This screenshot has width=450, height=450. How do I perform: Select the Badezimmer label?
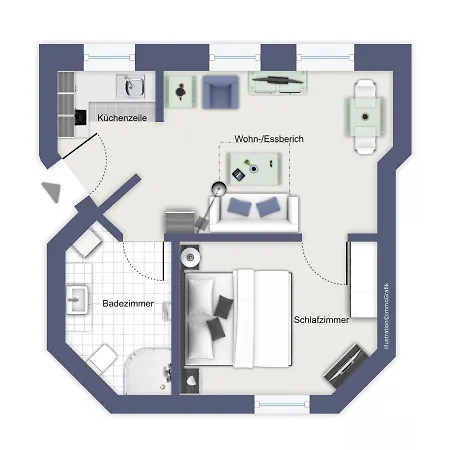[x=128, y=301]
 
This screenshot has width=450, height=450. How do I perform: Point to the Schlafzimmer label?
[x=322, y=320]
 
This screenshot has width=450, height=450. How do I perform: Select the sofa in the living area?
[x=252, y=210]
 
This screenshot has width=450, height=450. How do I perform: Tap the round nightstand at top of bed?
[x=190, y=258]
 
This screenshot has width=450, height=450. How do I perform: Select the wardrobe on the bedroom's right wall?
[x=362, y=275]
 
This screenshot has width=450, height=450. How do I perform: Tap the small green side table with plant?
[x=180, y=92]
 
